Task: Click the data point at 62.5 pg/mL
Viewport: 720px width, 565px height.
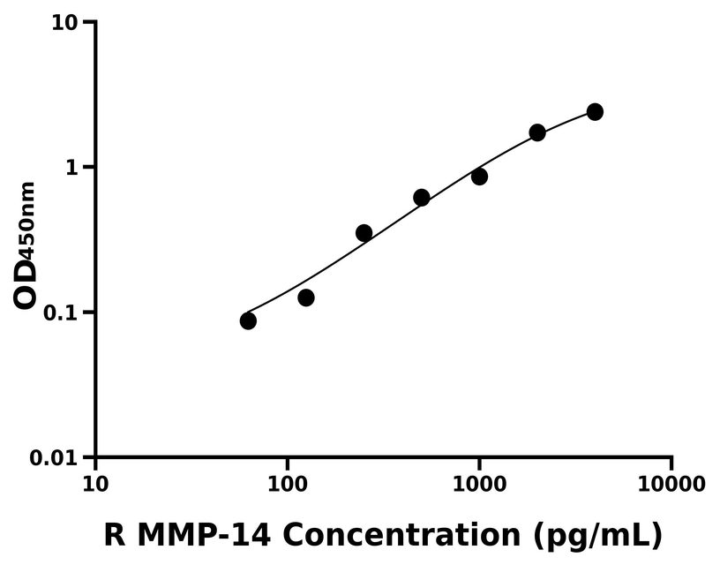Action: pyautogui.click(x=248, y=320)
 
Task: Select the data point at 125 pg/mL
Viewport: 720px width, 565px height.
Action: pyautogui.click(x=306, y=298)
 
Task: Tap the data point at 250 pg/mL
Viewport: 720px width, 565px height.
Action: pyautogui.click(x=364, y=233)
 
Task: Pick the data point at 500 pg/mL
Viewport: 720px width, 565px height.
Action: pyautogui.click(x=422, y=198)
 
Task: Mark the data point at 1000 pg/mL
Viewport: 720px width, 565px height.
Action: pyautogui.click(x=479, y=177)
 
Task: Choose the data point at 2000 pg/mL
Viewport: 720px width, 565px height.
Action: pyautogui.click(x=537, y=132)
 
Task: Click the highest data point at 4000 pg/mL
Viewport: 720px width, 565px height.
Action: pyautogui.click(x=595, y=112)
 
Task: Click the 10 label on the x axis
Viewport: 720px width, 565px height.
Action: pyautogui.click(x=95, y=485)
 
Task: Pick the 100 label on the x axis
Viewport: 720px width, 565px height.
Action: pyautogui.click(x=287, y=485)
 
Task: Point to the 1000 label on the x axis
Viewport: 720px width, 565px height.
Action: pyautogui.click(x=479, y=485)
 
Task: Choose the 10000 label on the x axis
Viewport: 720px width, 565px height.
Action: pyautogui.click(x=671, y=485)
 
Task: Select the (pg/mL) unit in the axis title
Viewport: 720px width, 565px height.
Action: pyautogui.click(x=596, y=535)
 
